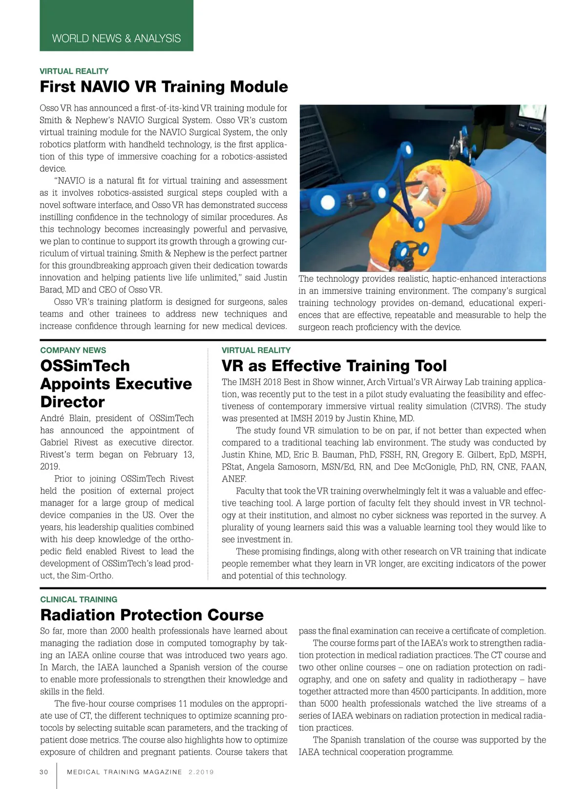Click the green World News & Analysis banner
116,38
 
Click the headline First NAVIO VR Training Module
164,87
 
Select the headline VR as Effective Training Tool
334,366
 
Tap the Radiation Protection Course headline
151,615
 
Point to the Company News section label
73,350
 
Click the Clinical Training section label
79,600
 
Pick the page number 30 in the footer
44,772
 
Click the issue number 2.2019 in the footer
201,772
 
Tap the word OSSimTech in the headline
85,366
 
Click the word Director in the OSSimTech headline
72,402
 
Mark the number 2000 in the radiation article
120,631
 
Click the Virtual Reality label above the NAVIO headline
74,71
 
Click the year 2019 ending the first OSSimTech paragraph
50,467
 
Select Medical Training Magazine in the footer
124,772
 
